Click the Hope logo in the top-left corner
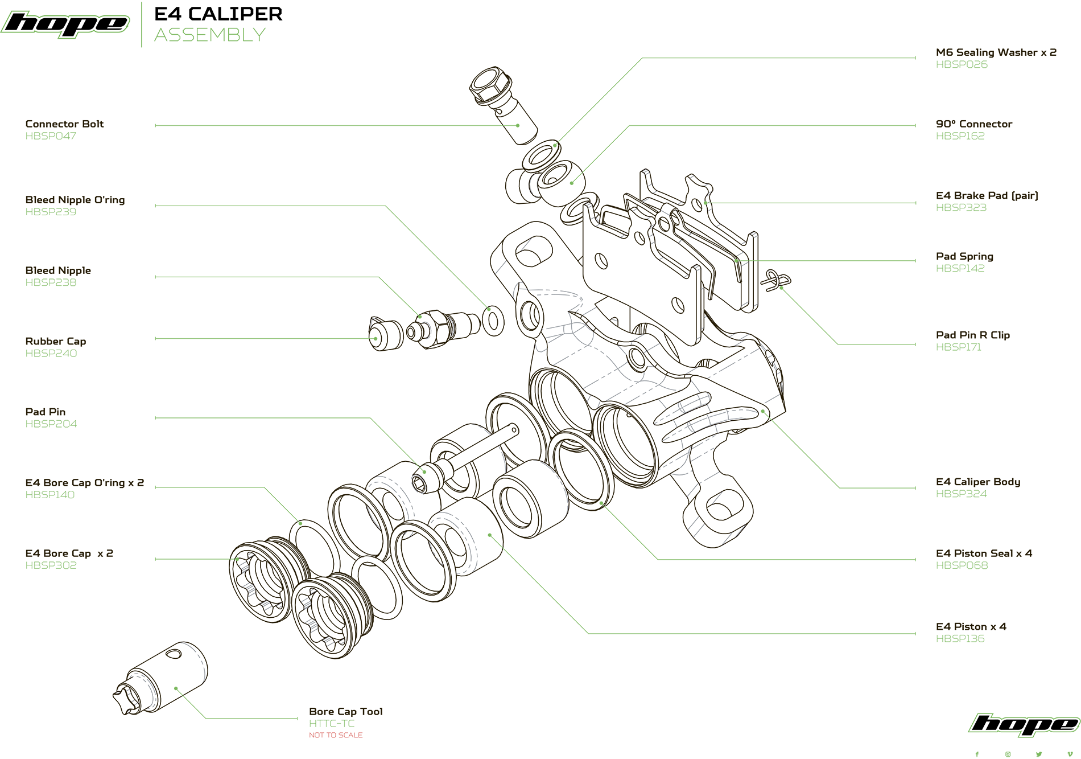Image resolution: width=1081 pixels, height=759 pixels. [65, 24]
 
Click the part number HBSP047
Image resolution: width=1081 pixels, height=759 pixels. [51, 136]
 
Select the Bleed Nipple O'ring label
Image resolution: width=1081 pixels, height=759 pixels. [75, 200]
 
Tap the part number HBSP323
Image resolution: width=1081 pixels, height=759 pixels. [961, 208]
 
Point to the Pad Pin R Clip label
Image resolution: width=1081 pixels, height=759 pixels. [972, 335]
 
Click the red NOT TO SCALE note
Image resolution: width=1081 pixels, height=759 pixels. [335, 735]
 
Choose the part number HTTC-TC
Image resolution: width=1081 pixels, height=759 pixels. [332, 724]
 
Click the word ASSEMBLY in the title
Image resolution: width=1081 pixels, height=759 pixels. [210, 35]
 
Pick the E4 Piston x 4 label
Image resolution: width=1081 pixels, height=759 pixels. [971, 626]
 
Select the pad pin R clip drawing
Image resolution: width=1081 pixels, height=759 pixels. [777, 280]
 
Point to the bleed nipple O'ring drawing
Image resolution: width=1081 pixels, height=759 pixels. [493, 321]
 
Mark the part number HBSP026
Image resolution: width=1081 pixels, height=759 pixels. [962, 65]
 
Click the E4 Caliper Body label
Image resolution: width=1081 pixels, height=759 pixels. [977, 482]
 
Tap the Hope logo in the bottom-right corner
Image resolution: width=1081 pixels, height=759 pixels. [1024, 724]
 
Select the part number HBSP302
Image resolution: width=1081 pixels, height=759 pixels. [51, 565]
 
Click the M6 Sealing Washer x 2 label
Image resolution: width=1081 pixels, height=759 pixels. [996, 52]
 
